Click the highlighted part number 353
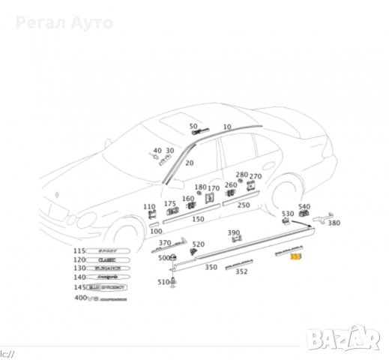click(296, 256)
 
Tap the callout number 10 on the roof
click(227, 127)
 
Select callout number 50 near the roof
click(193, 127)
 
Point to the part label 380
click(334, 223)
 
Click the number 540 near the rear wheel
click(304, 207)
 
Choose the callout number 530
click(288, 214)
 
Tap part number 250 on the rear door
click(243, 205)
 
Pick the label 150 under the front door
click(197, 219)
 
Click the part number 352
click(241, 272)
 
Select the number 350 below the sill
click(211, 267)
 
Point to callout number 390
click(234, 233)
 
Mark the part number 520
click(198, 244)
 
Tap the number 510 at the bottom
click(163, 282)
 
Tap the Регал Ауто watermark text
click(65, 22)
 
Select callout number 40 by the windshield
click(157, 151)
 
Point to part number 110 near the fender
click(149, 206)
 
